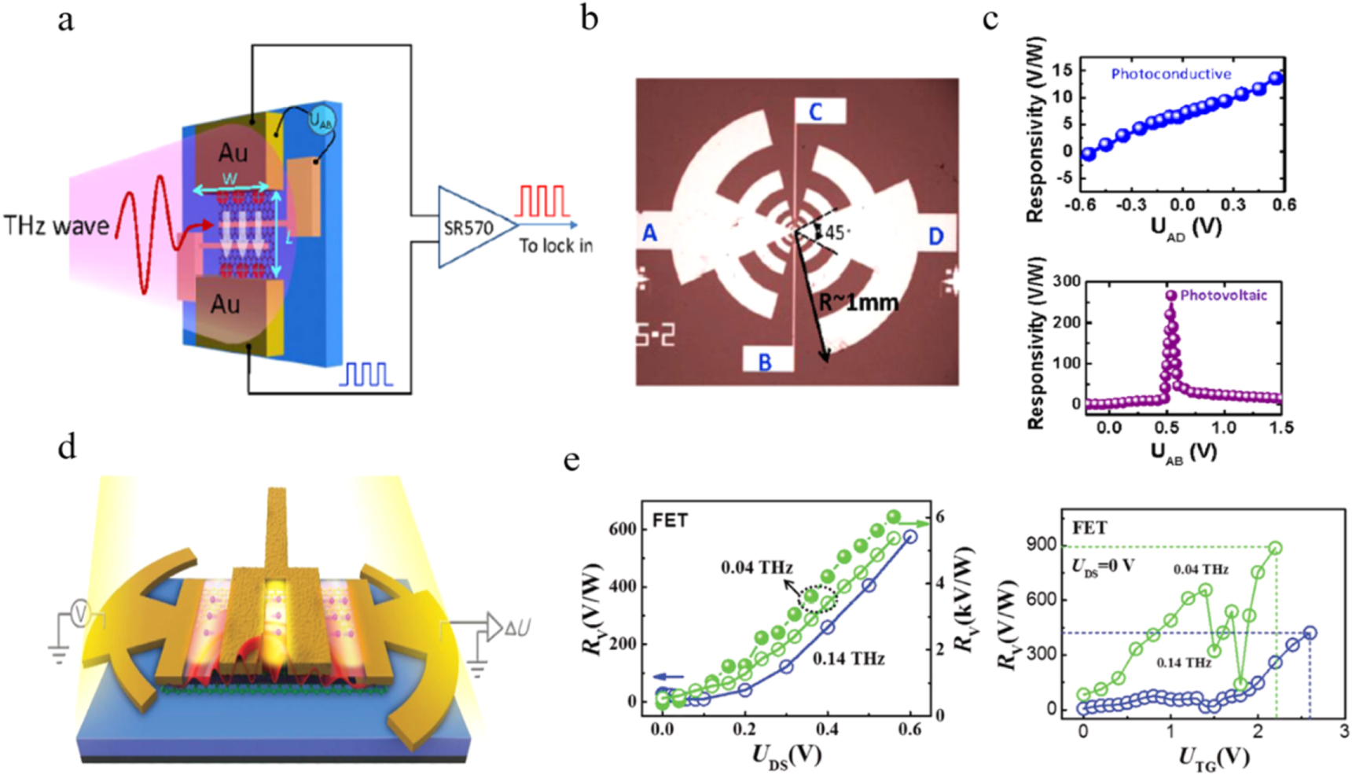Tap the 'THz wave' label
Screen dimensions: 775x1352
(x=56, y=226)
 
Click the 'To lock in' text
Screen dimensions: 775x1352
(x=555, y=246)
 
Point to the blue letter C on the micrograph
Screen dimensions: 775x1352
(x=815, y=112)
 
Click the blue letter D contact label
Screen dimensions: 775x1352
(x=935, y=236)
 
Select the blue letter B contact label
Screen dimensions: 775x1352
(x=764, y=362)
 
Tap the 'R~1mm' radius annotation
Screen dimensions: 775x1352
(x=858, y=302)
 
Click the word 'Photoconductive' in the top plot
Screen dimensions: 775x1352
(x=1170, y=74)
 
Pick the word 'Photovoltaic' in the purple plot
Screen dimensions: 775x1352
(x=1223, y=296)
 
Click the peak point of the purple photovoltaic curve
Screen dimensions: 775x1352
(x=1171, y=296)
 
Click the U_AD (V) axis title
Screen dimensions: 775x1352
(x=1185, y=229)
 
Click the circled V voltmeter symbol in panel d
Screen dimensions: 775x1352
(x=79, y=613)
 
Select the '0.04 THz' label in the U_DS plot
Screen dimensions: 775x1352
(x=756, y=567)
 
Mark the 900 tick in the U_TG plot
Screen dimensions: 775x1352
(x=1050, y=546)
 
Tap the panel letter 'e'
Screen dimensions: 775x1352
(x=571, y=459)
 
